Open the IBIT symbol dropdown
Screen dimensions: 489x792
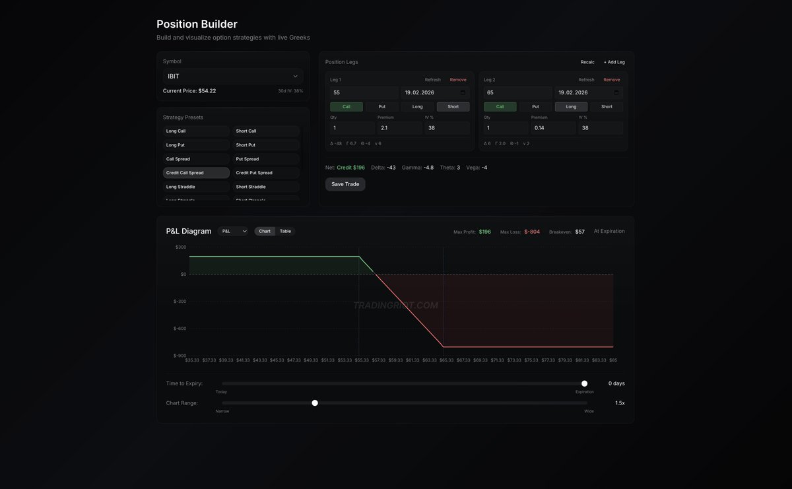(233, 76)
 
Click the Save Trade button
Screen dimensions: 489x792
(345, 184)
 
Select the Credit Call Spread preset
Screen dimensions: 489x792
(196, 173)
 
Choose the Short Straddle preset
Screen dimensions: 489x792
(266, 187)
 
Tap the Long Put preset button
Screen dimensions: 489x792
(196, 145)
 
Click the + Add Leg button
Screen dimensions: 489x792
(614, 62)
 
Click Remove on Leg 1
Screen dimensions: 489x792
(458, 80)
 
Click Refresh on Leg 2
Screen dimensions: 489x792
(586, 80)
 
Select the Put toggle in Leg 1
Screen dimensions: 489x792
(382, 106)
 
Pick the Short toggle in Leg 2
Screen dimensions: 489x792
(607, 106)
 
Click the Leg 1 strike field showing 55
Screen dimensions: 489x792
(364, 93)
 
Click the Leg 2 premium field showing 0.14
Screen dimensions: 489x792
(552, 128)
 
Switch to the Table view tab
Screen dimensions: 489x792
(285, 231)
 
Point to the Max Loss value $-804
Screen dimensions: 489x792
(532, 232)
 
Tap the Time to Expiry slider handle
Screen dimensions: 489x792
(584, 383)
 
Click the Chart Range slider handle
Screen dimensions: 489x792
(315, 403)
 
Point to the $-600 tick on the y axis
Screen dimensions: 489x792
(180, 329)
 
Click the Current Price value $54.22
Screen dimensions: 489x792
(207, 90)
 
